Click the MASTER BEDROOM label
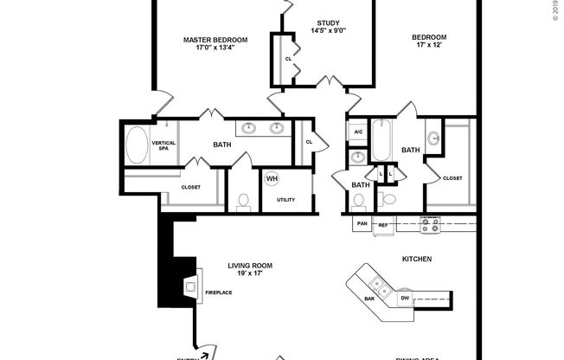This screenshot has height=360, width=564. click(x=215, y=39)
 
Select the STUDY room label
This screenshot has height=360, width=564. click(x=328, y=22)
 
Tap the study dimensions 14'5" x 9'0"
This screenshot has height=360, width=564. click(x=328, y=31)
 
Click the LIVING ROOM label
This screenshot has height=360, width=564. click(x=251, y=266)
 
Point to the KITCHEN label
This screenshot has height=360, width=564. click(x=417, y=259)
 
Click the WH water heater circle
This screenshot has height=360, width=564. click(x=272, y=178)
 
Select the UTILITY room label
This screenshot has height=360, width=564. click(x=285, y=200)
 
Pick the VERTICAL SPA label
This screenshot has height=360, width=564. click(x=164, y=145)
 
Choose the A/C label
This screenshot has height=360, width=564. click(x=357, y=132)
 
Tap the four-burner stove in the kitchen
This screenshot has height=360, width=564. click(x=430, y=224)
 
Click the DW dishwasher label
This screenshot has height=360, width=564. click(x=405, y=299)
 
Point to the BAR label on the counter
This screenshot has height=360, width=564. click(x=369, y=299)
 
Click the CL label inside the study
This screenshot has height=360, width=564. click(x=288, y=58)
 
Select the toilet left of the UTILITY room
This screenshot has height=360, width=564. click(x=244, y=202)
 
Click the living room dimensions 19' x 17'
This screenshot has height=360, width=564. click(x=251, y=274)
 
